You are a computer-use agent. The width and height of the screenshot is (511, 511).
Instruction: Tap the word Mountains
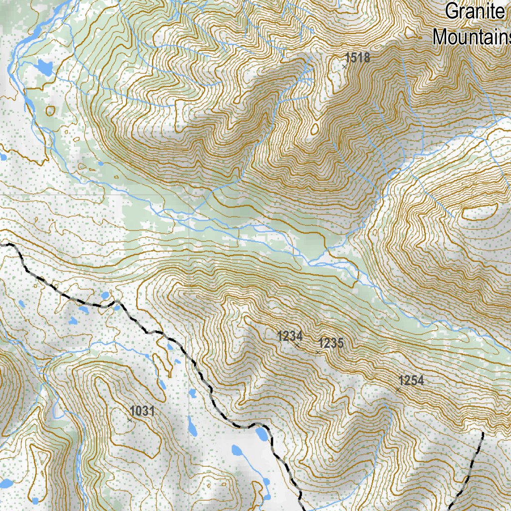coord(472,37)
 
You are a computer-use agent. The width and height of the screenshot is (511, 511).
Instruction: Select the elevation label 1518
coord(358,58)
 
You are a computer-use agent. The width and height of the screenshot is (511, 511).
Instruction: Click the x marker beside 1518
coord(344,66)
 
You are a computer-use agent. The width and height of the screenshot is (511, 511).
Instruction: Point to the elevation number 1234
coord(290,336)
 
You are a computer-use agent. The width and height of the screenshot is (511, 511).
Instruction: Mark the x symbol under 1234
coord(297,345)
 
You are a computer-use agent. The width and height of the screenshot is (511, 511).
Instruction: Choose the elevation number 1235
coord(331,343)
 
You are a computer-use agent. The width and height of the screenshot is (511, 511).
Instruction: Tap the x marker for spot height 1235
coord(317,352)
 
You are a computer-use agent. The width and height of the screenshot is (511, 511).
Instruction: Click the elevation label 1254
coord(412,381)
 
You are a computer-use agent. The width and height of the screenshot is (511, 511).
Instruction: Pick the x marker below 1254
coord(397,389)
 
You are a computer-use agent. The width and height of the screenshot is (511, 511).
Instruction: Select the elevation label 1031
coord(142,411)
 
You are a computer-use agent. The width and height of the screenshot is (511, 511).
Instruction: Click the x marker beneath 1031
coord(129,420)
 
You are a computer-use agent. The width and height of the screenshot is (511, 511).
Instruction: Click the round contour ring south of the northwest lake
coord(50,110)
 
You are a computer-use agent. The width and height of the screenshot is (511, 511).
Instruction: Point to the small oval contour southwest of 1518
coord(314,129)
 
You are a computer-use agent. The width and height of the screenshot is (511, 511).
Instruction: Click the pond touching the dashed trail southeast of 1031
coord(260,434)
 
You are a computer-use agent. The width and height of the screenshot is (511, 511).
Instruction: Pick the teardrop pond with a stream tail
coord(238,452)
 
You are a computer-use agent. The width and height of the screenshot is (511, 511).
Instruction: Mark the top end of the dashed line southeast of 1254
coord(483,433)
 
